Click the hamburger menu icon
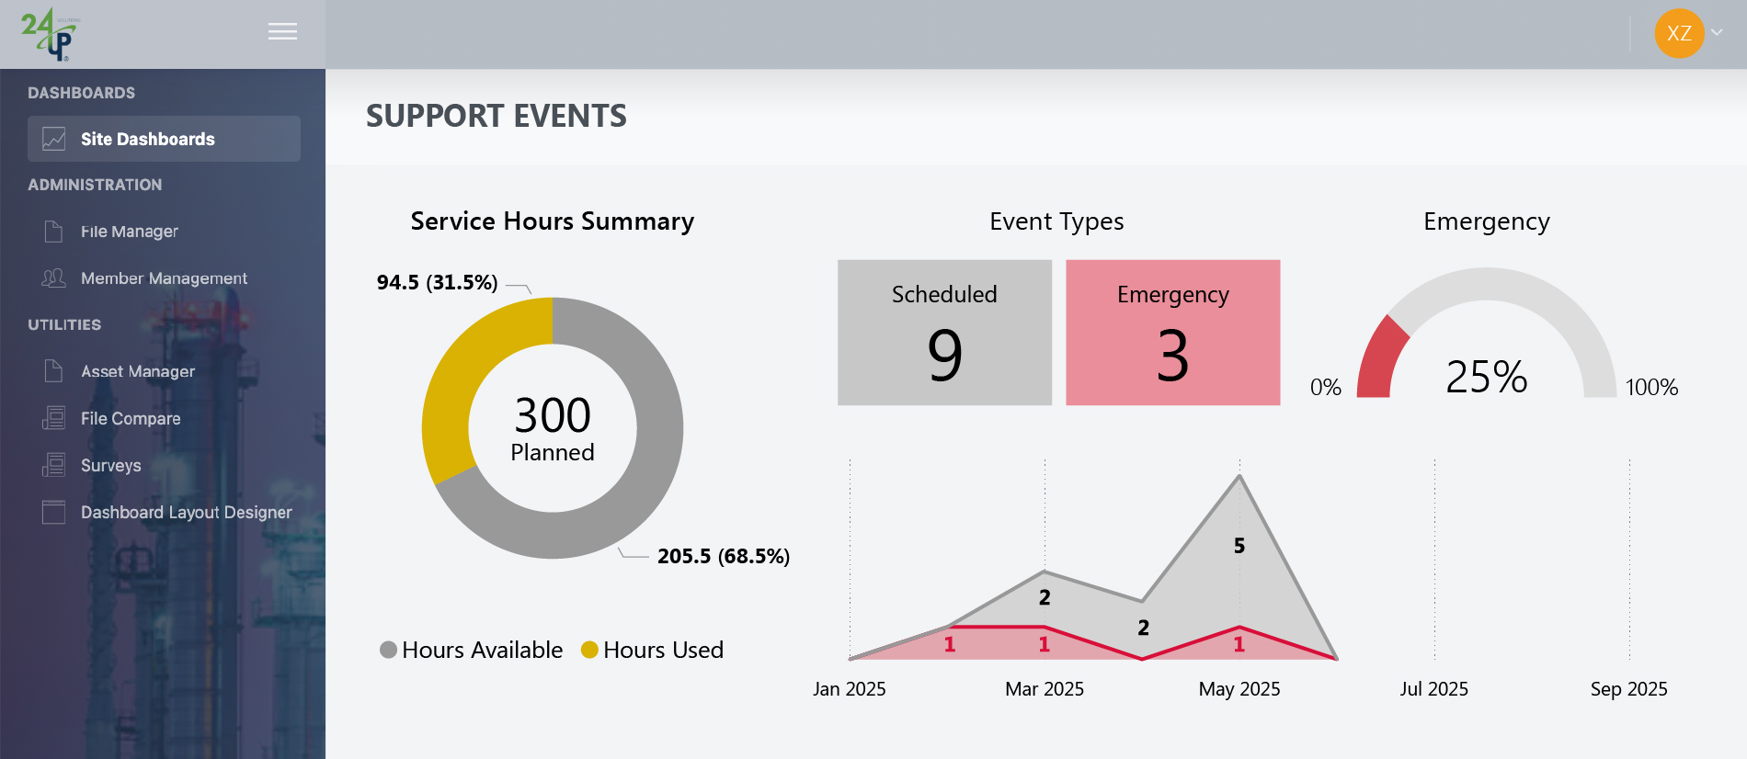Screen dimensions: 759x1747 coord(282,32)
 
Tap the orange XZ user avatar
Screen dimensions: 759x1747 coord(1679,34)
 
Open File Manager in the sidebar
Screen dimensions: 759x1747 coord(129,232)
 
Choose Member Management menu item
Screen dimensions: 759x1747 coord(164,278)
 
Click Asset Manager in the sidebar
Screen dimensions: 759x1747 coord(138,371)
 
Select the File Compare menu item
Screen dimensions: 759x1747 coord(131,418)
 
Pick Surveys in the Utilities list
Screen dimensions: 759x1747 coord(110,465)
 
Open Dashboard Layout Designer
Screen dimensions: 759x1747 coord(186,512)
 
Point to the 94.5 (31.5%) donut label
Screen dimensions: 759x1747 coord(437,282)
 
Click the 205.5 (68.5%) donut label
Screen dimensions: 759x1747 coord(724,556)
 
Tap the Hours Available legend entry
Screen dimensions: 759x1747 coord(472,650)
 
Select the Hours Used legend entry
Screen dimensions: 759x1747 coord(653,650)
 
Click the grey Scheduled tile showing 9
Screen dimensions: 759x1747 coord(944,333)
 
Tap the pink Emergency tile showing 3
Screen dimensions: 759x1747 coord(1172,333)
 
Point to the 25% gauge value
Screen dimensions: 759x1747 coord(1486,377)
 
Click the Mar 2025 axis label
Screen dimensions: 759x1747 coord(1045,689)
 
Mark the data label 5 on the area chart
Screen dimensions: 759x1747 coord(1239,546)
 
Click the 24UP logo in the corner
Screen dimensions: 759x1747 coord(50,34)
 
